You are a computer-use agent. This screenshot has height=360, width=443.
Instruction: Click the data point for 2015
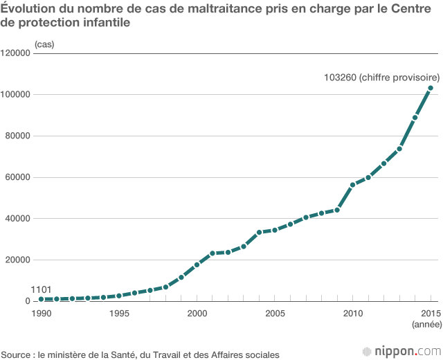point(430,88)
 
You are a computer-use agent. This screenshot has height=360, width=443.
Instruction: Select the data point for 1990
point(42,299)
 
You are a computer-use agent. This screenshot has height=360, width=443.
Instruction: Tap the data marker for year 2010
point(352,185)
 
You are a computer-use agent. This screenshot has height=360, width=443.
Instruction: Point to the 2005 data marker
point(275,230)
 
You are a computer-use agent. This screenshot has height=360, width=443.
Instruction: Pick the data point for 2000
point(197,264)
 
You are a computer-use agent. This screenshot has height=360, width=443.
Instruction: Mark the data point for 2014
point(415,118)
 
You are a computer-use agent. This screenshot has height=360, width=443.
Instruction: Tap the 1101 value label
point(42,289)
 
